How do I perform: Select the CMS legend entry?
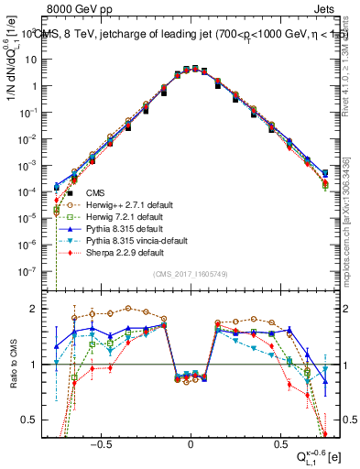[95, 193]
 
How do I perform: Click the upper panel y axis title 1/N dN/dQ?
[12, 73]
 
